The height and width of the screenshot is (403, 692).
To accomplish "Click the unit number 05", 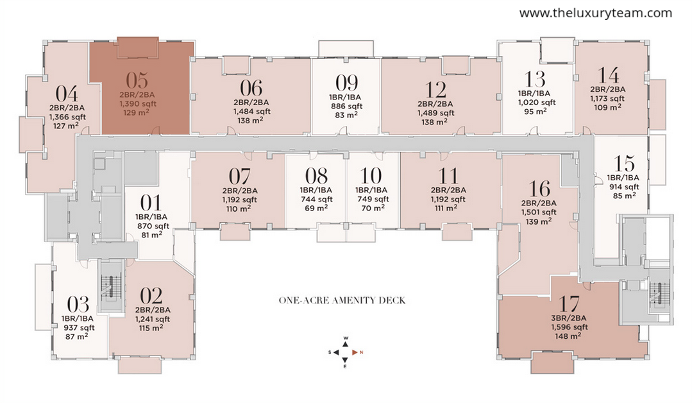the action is pos(137,80).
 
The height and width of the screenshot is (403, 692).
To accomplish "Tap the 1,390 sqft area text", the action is pos(138,104).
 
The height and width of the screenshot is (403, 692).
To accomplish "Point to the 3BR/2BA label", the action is pos(570,318).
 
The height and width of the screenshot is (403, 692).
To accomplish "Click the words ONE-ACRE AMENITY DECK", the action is pos(342,300).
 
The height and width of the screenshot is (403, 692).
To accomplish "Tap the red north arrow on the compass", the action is pos(355,352).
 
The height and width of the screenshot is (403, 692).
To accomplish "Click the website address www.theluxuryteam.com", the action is pos(596,13).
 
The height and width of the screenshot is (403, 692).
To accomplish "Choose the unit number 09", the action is pos(346,83).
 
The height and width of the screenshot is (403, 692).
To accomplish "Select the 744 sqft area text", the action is pos(316,199).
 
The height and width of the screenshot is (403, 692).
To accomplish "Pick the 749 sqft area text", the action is pos(373,199).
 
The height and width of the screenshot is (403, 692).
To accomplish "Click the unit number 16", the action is pos(539,189).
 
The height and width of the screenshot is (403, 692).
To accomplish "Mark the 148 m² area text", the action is pos(568,336).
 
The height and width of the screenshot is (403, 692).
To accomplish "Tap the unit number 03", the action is pos(78,305).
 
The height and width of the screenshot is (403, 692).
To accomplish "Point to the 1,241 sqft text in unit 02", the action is pos(153,319).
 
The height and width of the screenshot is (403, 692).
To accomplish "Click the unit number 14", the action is pos(608,76).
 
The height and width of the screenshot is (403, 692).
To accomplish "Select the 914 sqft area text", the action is pos(623,187).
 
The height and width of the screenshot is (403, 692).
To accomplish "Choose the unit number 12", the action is pos(436,90).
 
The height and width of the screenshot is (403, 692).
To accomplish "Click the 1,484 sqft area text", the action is pos(251,111).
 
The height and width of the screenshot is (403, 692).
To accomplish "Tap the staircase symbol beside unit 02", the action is pos(110,287).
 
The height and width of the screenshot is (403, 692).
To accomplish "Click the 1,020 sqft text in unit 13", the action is pos(537,103).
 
